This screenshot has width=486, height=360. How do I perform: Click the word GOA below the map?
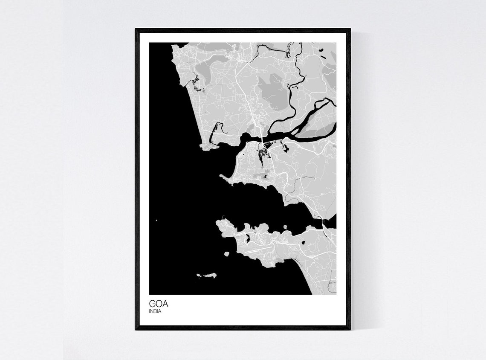click(x=159, y=304)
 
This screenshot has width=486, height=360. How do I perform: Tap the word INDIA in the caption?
click(x=155, y=311)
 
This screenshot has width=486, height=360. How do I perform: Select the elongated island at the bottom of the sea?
click(x=208, y=276)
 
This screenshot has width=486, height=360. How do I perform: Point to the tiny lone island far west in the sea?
click(x=156, y=221)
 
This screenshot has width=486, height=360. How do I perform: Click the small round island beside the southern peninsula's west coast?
click(x=226, y=254)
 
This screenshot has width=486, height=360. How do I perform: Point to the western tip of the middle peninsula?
click(x=222, y=176)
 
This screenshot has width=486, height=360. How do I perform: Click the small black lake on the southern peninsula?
click(x=304, y=243)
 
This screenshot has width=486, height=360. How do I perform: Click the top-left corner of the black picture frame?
click(x=136, y=29)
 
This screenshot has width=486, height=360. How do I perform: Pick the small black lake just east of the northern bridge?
click(x=285, y=148)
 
